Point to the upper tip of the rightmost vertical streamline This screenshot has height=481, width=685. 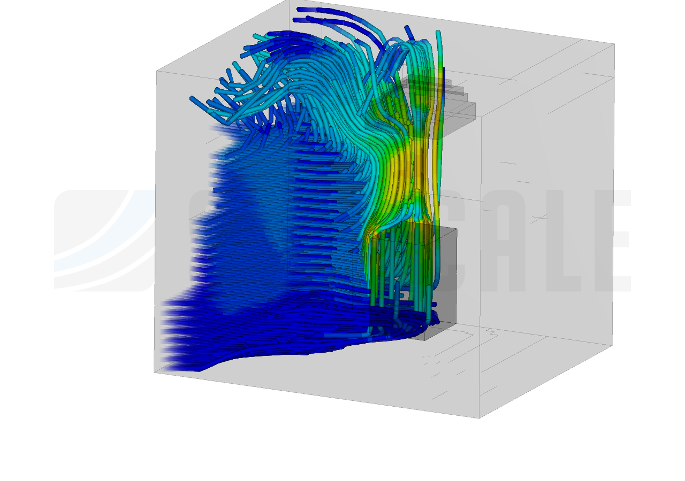[439, 33]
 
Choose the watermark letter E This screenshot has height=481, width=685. [615, 241]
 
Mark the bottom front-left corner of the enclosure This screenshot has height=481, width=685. [155, 372]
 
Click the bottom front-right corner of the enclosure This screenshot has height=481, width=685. [479, 418]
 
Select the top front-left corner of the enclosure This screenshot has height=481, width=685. [157, 71]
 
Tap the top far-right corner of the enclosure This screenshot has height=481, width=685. [614, 44]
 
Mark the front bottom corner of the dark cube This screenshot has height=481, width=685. [425, 340]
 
